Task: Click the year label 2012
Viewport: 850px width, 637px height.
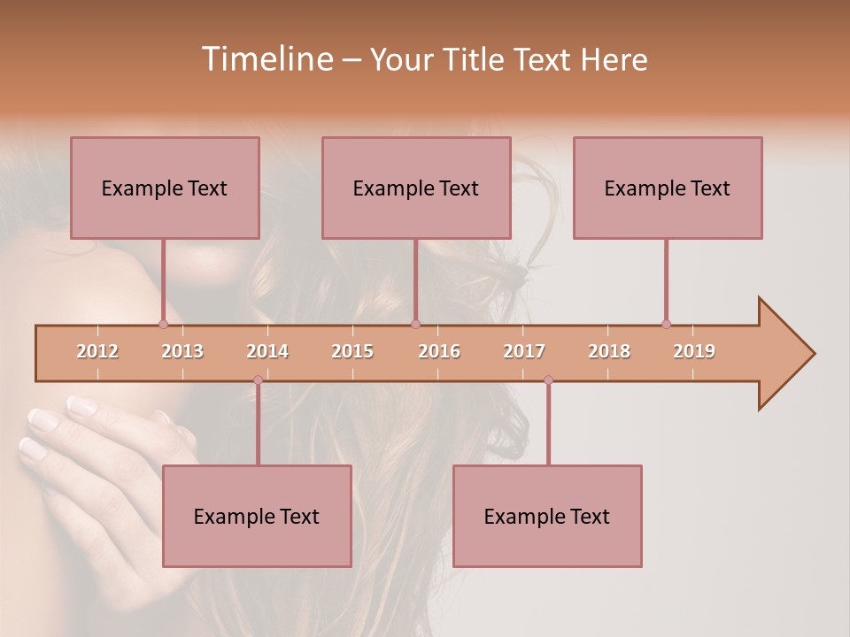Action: [97, 351]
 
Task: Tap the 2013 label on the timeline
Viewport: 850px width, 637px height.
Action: [182, 351]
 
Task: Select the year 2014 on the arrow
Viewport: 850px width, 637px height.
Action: [267, 351]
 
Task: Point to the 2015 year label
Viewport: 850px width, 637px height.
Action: [352, 351]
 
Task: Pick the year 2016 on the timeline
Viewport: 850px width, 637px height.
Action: [439, 351]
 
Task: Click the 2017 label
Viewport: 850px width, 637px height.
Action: [524, 351]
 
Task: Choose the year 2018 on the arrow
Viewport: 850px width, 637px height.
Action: [609, 351]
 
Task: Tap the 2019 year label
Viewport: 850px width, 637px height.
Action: [694, 351]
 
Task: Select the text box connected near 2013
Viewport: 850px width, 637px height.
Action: [165, 188]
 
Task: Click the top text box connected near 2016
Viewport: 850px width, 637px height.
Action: [416, 188]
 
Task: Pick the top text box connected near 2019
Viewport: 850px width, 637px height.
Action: [668, 188]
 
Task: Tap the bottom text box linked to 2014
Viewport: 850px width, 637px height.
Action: [257, 516]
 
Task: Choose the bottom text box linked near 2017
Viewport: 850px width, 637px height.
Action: [547, 516]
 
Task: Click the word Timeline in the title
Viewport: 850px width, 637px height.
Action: [266, 59]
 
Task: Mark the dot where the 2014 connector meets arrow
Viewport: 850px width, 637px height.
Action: [258, 380]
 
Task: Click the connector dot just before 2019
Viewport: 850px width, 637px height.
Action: [666, 324]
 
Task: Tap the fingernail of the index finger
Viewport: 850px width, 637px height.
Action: [82, 406]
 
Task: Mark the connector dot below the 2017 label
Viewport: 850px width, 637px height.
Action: [548, 380]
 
